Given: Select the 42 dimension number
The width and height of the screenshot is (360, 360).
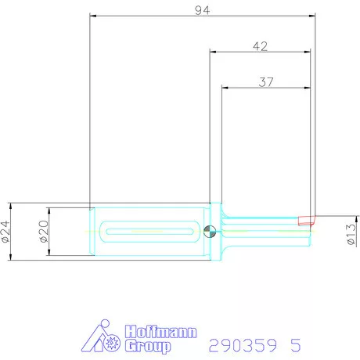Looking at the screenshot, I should click(261, 46).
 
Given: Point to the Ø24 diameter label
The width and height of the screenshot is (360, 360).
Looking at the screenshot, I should click(6, 231).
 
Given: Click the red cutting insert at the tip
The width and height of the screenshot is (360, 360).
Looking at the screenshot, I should click(305, 221).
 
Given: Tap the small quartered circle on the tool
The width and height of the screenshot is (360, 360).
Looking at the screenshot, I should click(210, 231).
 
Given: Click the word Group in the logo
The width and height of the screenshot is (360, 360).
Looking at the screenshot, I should click(149, 347).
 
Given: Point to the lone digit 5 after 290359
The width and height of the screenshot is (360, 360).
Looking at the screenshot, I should click(294, 345).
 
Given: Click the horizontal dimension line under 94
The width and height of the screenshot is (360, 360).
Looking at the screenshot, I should click(157, 16).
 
